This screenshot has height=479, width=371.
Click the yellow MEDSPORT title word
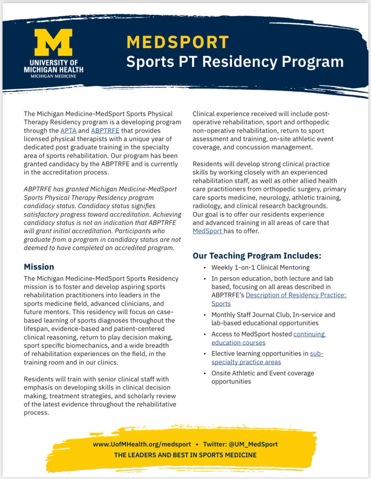tap(178, 42)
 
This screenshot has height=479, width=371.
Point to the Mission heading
tap(39, 267)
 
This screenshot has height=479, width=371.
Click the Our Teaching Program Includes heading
tap(257, 255)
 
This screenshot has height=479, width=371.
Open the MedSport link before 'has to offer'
tap(207, 231)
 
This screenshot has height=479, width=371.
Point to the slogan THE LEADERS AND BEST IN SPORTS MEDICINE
tap(185, 455)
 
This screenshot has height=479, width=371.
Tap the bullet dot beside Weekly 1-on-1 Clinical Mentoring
tap(204, 268)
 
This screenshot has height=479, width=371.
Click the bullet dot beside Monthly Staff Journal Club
tap(204, 315)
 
